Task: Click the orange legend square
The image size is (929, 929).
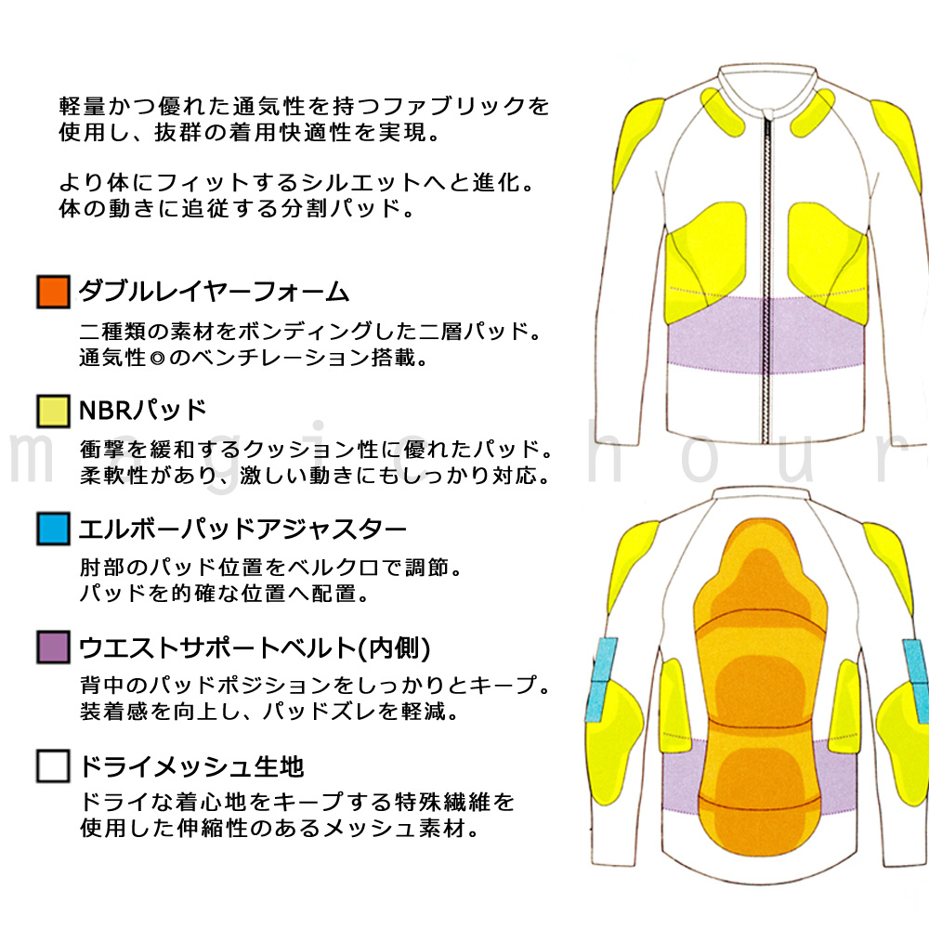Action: (53, 292)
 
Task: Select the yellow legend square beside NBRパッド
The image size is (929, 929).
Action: (53, 411)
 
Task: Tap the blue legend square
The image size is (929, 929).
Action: (53, 529)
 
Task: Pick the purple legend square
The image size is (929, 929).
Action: (53, 647)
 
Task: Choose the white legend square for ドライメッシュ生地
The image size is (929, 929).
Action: (53, 766)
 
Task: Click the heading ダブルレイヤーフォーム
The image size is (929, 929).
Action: (214, 292)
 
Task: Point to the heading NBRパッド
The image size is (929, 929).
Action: (143, 410)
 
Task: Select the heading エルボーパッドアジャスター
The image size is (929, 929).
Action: (242, 530)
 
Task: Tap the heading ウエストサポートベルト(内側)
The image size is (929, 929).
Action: (255, 648)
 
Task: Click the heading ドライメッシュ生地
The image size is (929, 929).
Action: (191, 766)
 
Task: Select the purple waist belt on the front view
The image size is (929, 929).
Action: (767, 335)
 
